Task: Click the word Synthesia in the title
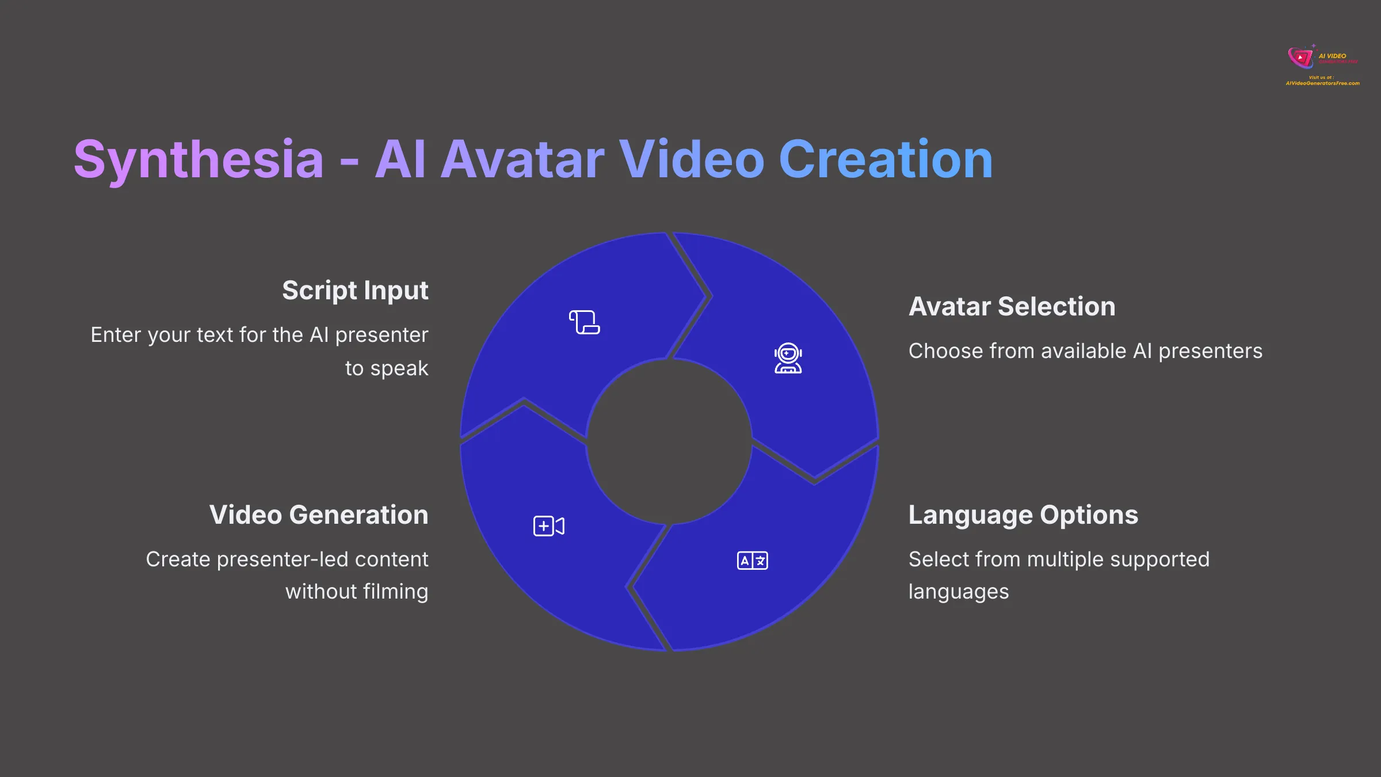tap(199, 160)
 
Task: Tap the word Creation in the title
tap(886, 160)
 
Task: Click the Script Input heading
tap(355, 290)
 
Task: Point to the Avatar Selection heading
tap(1012, 306)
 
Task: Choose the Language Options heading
tap(1023, 515)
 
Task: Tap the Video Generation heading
tap(319, 515)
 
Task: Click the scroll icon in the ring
tap(584, 322)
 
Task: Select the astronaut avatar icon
tap(788, 359)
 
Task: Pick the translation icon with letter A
tap(752, 560)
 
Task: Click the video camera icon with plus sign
tap(548, 526)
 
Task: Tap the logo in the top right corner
tap(1302, 58)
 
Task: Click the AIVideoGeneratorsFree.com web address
tap(1322, 83)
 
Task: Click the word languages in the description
tap(959, 592)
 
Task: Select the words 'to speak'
tap(387, 368)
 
